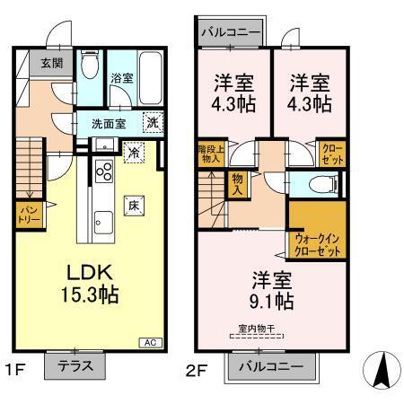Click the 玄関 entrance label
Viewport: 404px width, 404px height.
40,64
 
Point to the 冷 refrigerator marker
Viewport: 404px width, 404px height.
133,152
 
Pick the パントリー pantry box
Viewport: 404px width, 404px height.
30,216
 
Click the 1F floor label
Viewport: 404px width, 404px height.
14,367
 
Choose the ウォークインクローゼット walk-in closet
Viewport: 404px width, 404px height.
316,242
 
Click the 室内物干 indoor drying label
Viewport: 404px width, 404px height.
257,329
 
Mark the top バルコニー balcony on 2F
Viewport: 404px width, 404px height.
231,31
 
